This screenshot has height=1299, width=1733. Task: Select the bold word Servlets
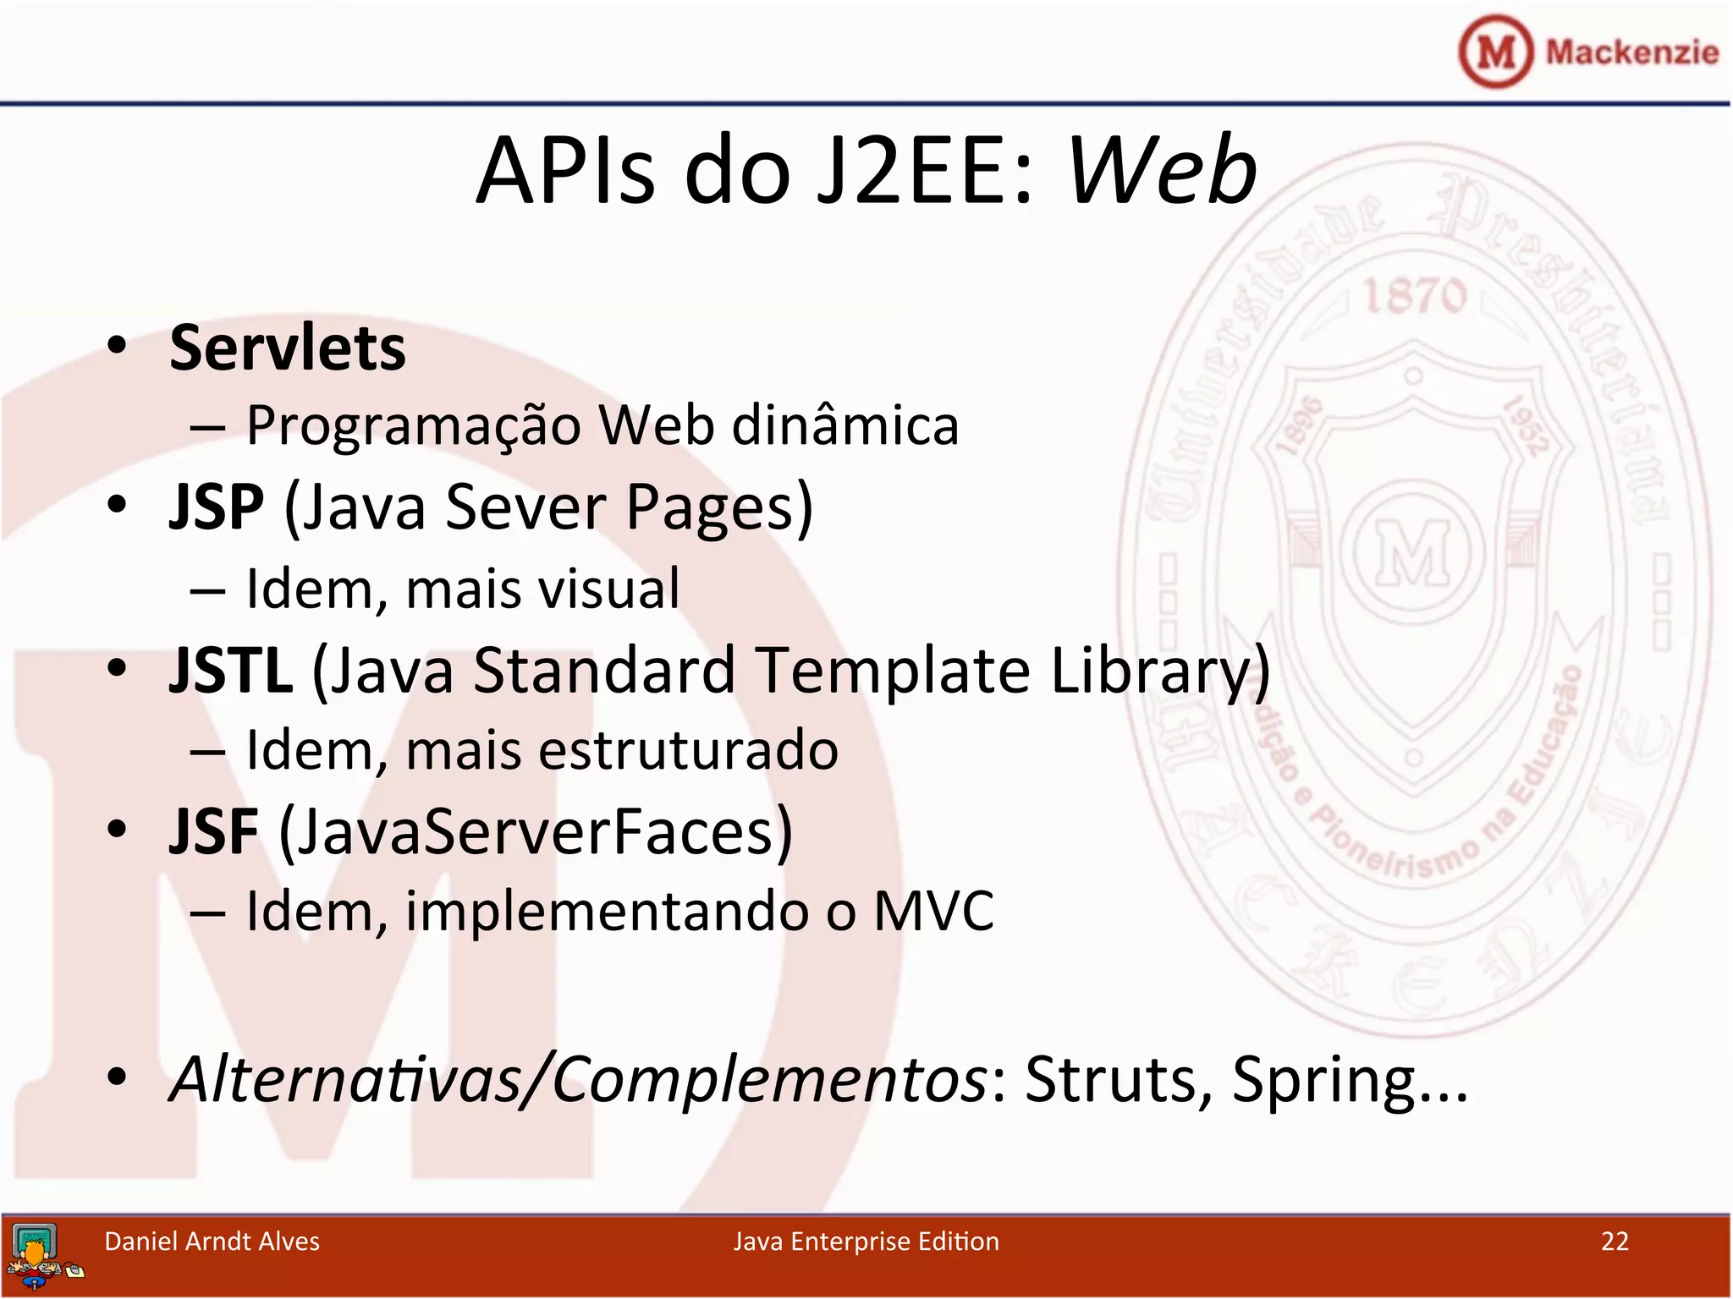(x=288, y=348)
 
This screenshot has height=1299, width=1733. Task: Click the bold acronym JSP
(x=217, y=507)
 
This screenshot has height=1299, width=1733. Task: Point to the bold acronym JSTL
(x=231, y=670)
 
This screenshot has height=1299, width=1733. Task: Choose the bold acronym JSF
(x=213, y=832)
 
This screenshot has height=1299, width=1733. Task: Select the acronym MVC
(x=933, y=912)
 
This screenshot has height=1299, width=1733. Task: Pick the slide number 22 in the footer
(x=1615, y=1241)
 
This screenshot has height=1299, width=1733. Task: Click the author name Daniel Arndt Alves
(x=212, y=1241)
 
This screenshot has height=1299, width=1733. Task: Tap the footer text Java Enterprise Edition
(x=866, y=1241)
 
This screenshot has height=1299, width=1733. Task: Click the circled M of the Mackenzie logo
(x=1495, y=52)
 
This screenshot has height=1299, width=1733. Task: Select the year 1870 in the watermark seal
(x=1414, y=296)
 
